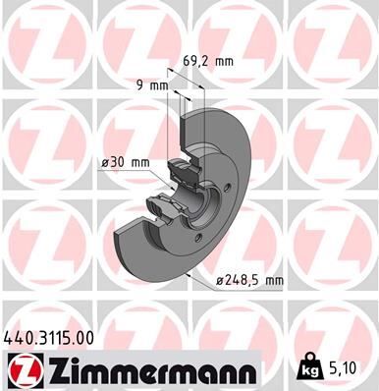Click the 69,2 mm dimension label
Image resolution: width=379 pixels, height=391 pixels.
click(209, 62)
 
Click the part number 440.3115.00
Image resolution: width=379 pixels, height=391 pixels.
click(51, 336)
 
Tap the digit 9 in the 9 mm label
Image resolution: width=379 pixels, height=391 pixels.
click(140, 85)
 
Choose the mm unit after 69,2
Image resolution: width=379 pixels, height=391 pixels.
click(224, 62)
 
